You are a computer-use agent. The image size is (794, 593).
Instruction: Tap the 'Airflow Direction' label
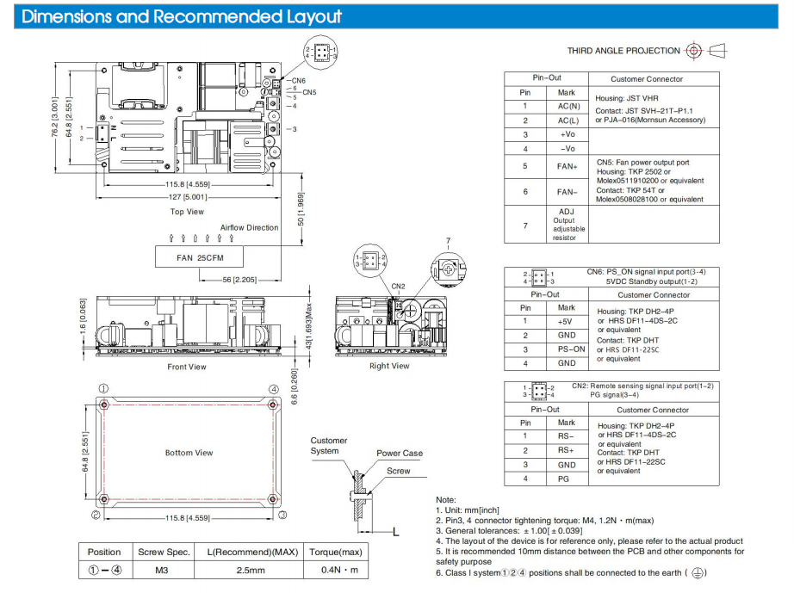pos(250,228)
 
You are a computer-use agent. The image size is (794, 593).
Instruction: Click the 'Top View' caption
pos(187,211)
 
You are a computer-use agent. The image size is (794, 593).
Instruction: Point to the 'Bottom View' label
pos(189,453)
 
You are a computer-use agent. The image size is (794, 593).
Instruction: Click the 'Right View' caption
pos(389,366)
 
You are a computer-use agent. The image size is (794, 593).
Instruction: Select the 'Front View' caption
pos(187,367)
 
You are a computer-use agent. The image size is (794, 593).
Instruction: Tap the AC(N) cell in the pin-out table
pos(567,107)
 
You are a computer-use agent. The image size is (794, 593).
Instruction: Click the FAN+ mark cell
pos(567,166)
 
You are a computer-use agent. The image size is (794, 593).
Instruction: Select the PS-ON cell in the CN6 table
pos(567,349)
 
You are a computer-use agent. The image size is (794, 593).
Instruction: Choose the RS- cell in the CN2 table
pos(567,437)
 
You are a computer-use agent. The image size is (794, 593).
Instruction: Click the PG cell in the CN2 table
pos(567,479)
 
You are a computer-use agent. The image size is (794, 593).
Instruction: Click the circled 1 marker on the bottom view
pos(102,389)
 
